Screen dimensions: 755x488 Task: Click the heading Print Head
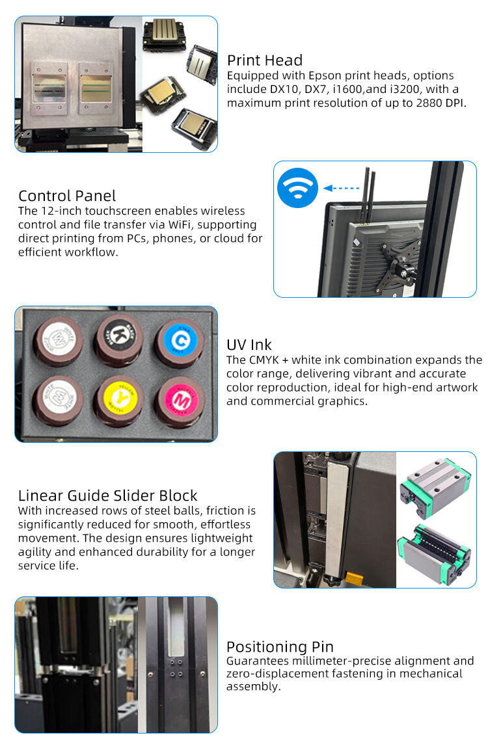265,60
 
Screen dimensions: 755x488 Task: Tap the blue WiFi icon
297,189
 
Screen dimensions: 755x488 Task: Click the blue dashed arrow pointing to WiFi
342,189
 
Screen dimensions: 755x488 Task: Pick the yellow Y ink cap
118,399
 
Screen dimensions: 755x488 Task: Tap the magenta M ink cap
178,399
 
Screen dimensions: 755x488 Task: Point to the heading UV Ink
249,345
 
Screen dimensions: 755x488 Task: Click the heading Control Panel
67,196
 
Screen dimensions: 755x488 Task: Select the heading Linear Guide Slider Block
107,496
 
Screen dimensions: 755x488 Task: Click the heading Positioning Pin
280,647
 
